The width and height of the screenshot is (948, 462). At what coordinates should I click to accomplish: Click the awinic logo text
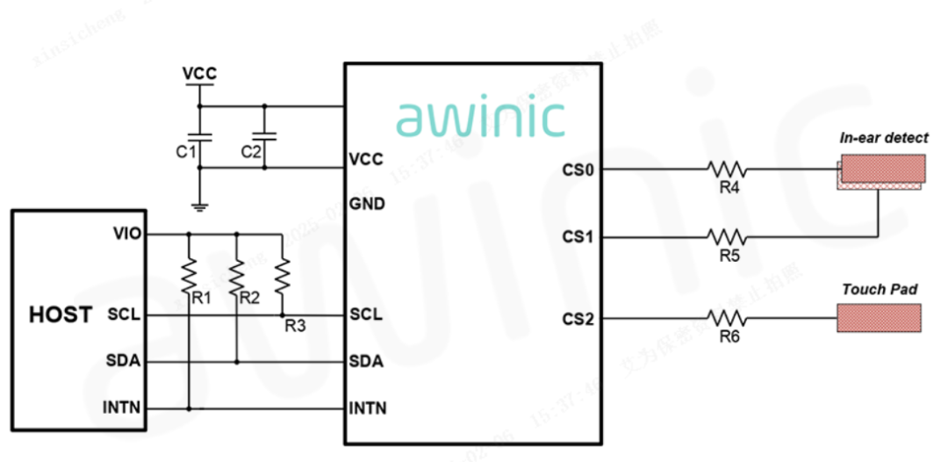(x=480, y=119)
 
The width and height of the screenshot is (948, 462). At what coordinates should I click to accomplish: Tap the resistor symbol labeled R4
(x=727, y=168)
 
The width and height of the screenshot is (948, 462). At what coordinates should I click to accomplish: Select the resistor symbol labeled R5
(x=727, y=236)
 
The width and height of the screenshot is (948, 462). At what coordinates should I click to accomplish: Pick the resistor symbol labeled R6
(x=727, y=318)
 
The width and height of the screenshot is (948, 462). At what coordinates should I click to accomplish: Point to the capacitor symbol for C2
(x=264, y=137)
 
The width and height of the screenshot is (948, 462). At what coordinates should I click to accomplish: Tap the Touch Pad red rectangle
(x=878, y=318)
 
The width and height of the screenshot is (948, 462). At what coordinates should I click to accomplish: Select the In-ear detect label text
(x=883, y=138)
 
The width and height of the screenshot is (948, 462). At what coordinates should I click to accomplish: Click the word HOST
(x=61, y=315)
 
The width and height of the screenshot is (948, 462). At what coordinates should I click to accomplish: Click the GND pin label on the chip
(x=367, y=204)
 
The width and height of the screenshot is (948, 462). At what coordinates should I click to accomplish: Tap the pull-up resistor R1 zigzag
(x=189, y=276)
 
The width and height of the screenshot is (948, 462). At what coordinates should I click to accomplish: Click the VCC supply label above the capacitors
(x=199, y=74)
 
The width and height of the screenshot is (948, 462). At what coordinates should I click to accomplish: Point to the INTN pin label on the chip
(x=368, y=408)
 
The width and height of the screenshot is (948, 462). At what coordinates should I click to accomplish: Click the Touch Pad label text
(x=880, y=289)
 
